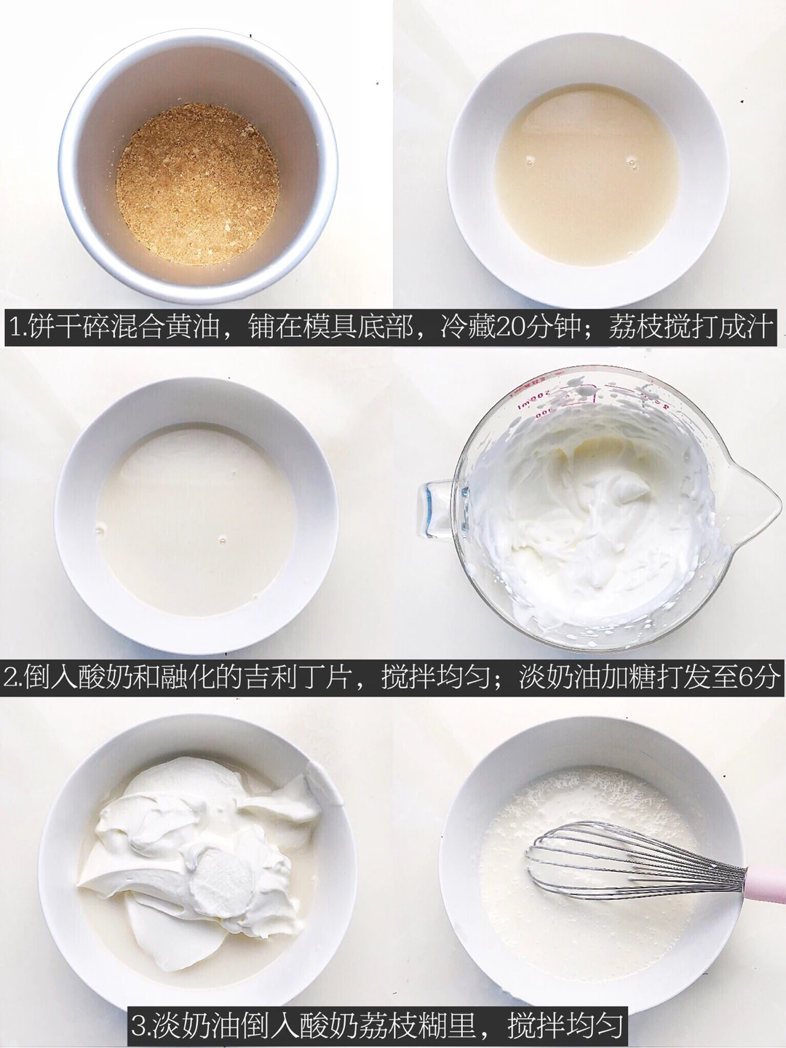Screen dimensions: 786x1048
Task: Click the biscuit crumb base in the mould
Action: [x=197, y=185]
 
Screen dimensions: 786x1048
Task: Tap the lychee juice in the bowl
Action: [x=586, y=174]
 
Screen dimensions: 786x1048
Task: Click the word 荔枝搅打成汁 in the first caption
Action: [x=690, y=327]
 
